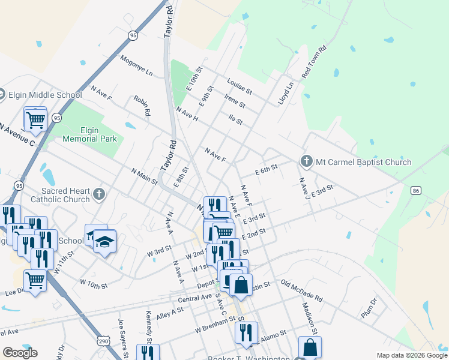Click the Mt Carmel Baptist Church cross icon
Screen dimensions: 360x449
pos(306,161)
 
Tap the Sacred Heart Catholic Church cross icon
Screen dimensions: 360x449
pos(99,194)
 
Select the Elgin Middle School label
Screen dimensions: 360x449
pos(45,95)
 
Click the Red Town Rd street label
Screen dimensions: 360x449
pos(314,62)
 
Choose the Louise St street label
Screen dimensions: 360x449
pos(239,86)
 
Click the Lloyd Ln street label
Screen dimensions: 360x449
pos(286,94)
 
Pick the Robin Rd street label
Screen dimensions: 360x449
pos(142,106)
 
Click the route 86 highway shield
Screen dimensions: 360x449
pos(415,190)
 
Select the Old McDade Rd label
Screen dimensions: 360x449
pos(301,291)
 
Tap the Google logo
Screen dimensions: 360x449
pos(20,353)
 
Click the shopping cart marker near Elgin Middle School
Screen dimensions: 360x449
pos(35,119)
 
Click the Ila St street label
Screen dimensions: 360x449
pos(235,121)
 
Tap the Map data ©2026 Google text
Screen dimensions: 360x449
pos(411,355)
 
